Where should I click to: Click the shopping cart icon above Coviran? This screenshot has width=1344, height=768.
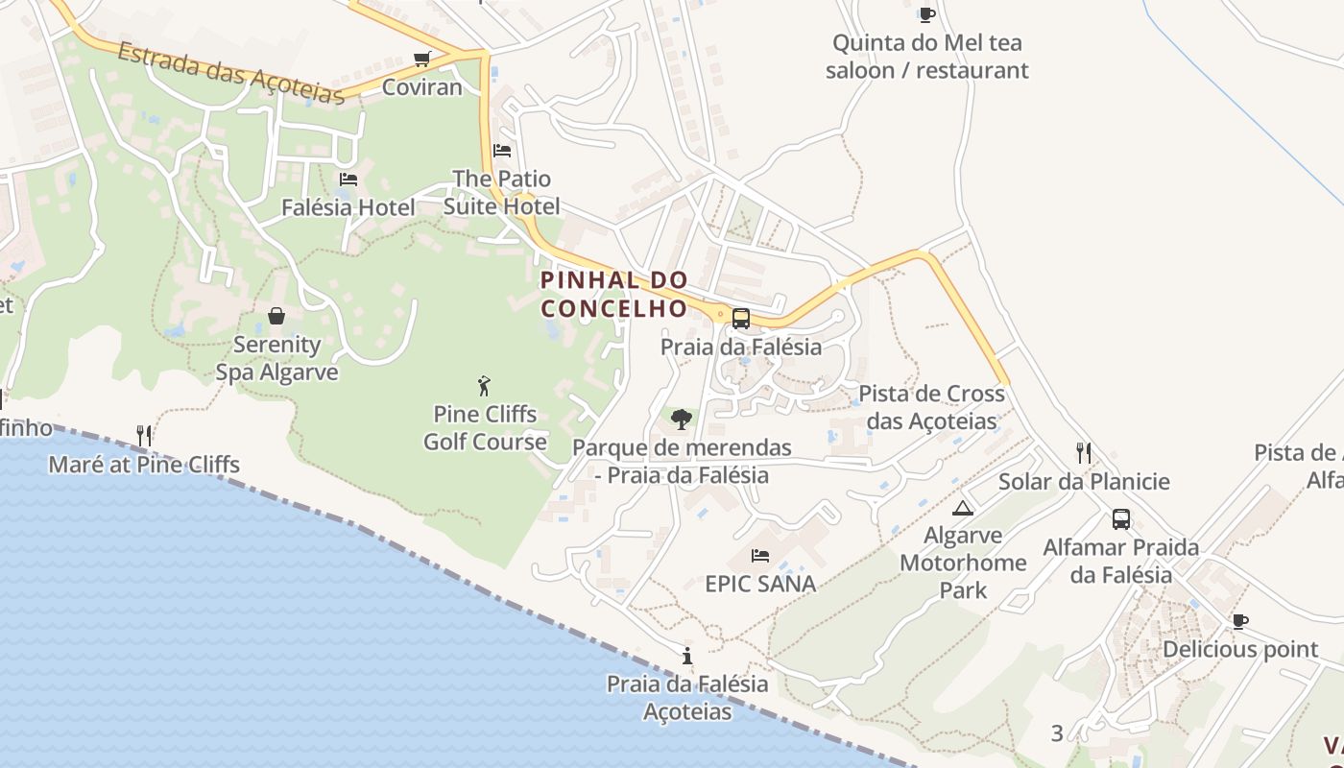[421, 60]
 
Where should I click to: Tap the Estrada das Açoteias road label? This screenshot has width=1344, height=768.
[230, 73]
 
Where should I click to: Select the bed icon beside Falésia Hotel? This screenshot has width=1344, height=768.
[348, 180]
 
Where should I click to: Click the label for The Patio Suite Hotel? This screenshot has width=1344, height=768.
[502, 192]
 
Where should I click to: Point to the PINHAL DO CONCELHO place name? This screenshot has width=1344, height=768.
[614, 294]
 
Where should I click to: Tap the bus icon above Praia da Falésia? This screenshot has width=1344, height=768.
[740, 318]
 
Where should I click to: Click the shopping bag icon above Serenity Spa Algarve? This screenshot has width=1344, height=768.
[276, 316]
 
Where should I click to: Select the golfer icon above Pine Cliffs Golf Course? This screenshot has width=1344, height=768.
[484, 386]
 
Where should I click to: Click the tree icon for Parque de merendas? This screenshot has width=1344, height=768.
[682, 419]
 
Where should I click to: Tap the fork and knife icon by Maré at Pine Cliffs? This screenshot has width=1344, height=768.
[144, 436]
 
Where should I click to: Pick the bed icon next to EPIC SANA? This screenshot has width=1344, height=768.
[760, 556]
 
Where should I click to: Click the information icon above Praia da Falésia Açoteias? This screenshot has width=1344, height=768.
[687, 657]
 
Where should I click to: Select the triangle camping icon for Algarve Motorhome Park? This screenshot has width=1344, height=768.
[963, 508]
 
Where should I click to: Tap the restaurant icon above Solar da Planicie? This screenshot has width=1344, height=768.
[1084, 452]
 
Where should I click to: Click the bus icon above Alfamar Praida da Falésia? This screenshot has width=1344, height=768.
[1120, 519]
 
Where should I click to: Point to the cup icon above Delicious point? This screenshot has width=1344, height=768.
[1239, 621]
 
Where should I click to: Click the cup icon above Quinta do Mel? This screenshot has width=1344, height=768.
[926, 14]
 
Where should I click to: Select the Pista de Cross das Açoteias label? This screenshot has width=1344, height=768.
[931, 407]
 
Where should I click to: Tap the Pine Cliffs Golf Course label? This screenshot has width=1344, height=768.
[485, 428]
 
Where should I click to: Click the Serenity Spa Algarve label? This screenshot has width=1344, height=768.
[276, 358]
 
